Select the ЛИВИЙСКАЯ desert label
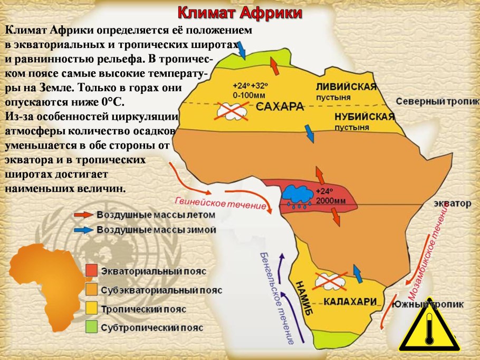[346, 87]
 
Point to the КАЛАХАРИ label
[350, 301]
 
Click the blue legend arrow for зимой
[82, 230]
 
